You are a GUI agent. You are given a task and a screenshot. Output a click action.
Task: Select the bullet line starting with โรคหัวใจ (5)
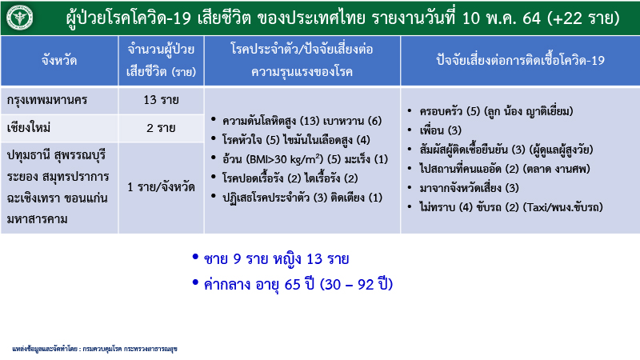coord(300,140)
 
